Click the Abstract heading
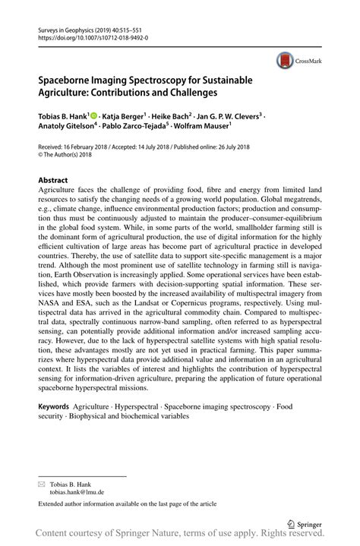[52, 181]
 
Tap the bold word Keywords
[58, 407]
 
